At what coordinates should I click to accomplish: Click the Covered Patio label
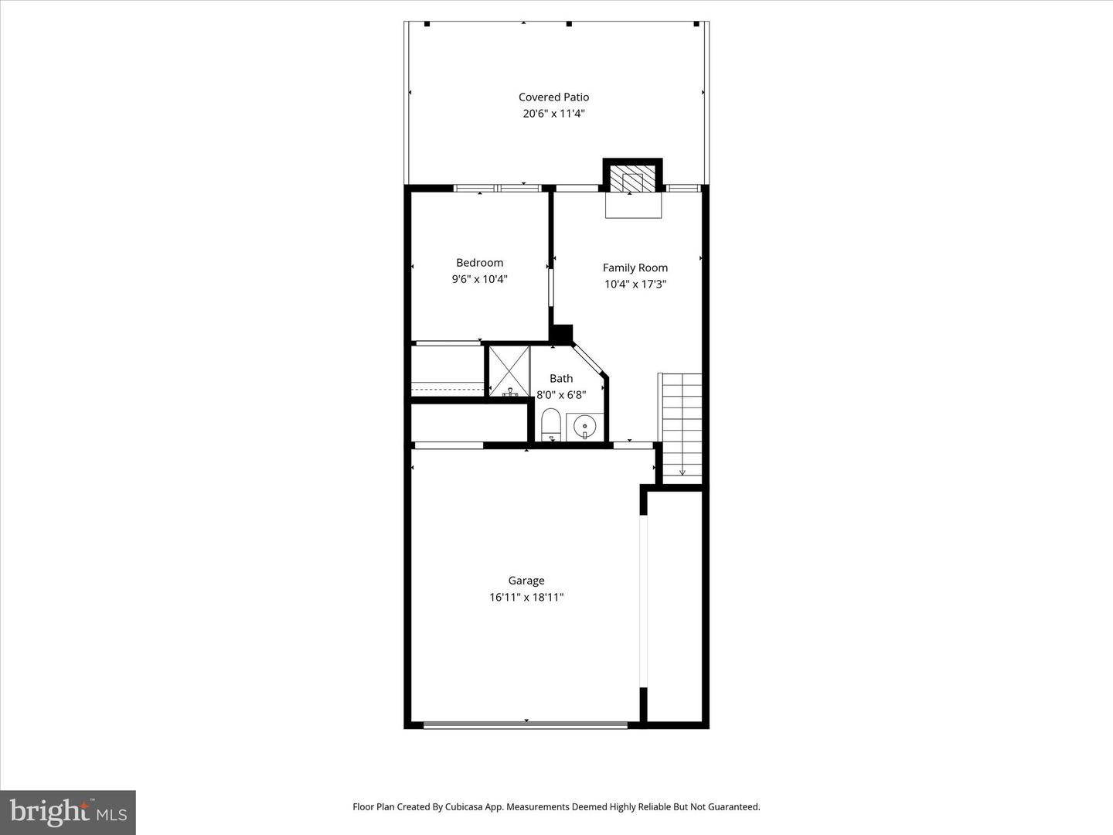(553, 97)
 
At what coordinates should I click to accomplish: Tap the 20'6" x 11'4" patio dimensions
(553, 114)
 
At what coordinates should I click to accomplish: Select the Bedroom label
(479, 263)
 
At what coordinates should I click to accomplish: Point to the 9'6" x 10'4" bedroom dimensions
(479, 279)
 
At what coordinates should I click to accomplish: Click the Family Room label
(635, 268)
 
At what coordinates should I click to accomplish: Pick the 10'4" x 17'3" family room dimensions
(635, 284)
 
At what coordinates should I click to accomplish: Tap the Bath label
(561, 378)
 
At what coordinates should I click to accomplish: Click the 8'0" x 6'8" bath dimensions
(561, 394)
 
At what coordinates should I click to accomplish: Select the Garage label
(526, 581)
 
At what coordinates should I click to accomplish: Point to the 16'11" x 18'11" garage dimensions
(526, 597)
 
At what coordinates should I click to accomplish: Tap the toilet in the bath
(551, 425)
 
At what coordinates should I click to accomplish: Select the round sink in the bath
(585, 426)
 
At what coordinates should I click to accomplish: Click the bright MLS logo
(68, 812)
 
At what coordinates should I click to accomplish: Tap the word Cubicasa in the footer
(465, 806)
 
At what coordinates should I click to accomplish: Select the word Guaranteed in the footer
(734, 806)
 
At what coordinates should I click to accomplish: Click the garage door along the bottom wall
(526, 724)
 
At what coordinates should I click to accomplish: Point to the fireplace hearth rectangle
(633, 206)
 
